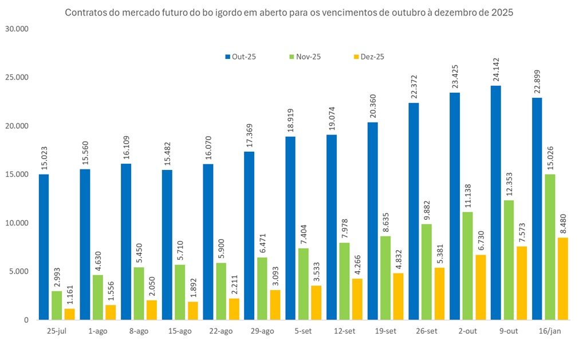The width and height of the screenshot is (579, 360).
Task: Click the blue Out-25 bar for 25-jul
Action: point(44,247)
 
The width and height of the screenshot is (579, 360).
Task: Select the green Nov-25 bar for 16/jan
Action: point(550,247)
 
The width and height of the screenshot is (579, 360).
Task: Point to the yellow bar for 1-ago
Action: point(111,312)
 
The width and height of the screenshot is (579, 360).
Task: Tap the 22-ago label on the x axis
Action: point(221,331)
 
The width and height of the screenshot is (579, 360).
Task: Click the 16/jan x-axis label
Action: point(550,331)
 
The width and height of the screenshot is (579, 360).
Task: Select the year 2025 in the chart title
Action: point(502,12)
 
